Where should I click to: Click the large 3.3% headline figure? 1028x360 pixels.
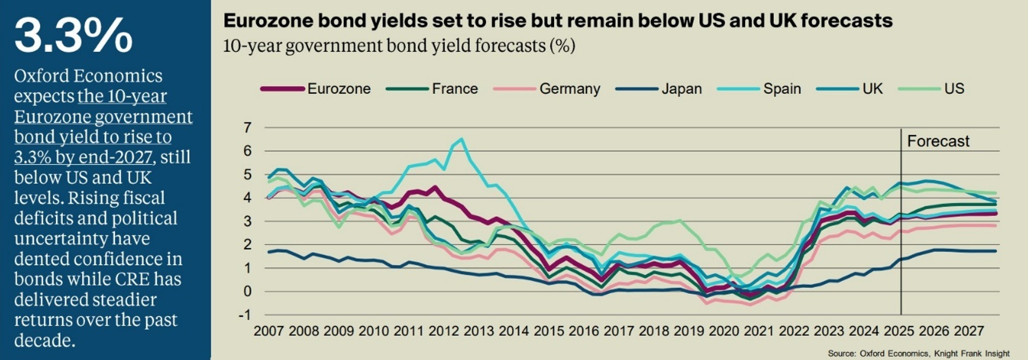pos(73,35)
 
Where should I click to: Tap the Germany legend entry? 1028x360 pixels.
pos(569,89)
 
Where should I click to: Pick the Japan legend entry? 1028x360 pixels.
pos(681,89)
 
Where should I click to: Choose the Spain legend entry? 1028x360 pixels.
pos(782,89)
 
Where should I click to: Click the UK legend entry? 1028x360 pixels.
pos(872,89)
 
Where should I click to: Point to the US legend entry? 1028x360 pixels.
pos(954,89)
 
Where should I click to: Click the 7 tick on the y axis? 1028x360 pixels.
pos(248,128)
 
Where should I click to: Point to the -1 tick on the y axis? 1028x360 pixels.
pos(245,315)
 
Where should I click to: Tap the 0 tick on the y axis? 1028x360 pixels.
pos(248,291)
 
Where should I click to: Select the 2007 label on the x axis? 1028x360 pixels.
pos(269,331)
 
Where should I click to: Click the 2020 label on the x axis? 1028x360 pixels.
pos(724,331)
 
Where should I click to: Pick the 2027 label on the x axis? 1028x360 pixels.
pos(968,331)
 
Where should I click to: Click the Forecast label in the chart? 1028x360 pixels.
pos(938,141)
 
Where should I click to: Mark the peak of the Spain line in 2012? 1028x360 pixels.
pos(461,139)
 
